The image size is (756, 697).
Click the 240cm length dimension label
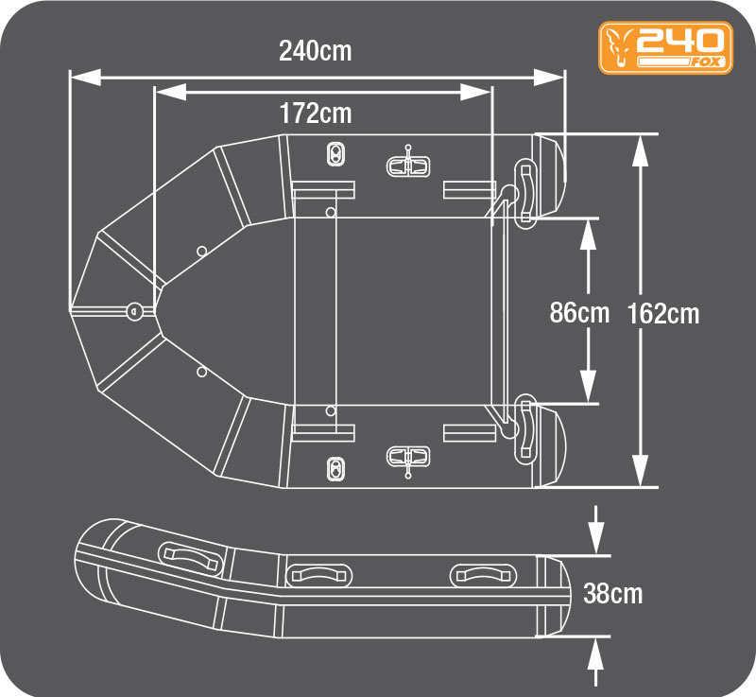pos(316,51)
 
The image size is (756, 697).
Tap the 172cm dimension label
pos(316,113)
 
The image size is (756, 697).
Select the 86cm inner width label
pos(579,313)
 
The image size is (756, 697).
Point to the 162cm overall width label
pos(663,314)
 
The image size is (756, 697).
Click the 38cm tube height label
pos(612,593)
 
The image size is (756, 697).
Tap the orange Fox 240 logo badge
pos(666,47)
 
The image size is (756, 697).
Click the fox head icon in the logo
pos(620,46)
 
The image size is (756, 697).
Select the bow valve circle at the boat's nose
pos(135,311)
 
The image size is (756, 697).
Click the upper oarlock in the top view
pos(408,164)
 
